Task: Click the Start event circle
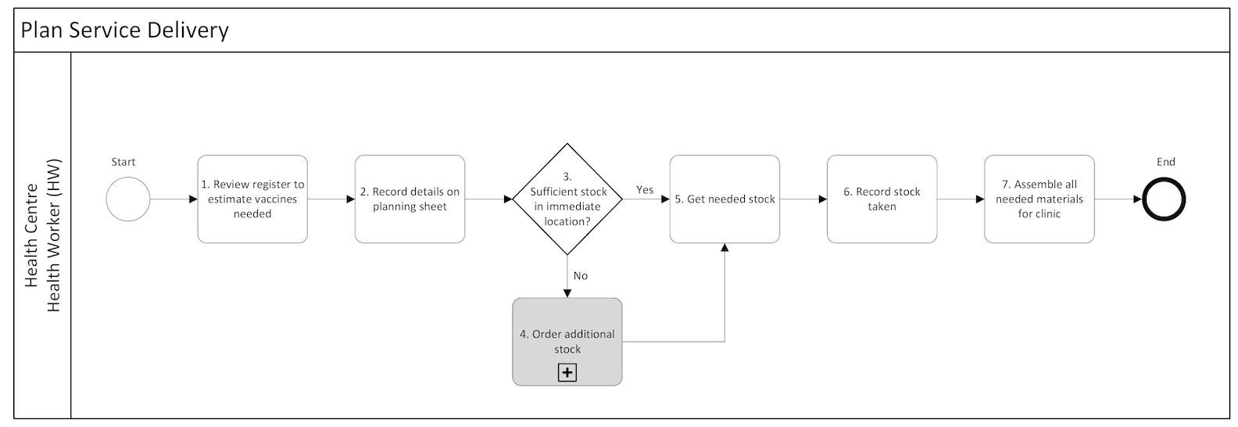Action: click(x=127, y=199)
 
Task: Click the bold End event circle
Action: click(x=1165, y=199)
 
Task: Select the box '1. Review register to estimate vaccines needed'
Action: click(x=252, y=199)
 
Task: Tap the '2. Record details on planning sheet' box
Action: click(x=410, y=199)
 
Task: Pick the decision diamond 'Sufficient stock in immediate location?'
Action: click(x=567, y=199)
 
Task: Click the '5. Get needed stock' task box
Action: click(x=725, y=199)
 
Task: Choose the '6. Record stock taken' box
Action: click(x=882, y=199)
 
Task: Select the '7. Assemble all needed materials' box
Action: click(x=1039, y=199)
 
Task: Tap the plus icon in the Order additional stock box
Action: click(x=567, y=373)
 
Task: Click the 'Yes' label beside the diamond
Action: click(x=645, y=190)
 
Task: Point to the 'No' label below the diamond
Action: click(x=581, y=276)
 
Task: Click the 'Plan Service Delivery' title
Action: click(x=125, y=30)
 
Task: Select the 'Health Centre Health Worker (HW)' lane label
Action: click(x=43, y=235)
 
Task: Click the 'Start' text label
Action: click(x=123, y=162)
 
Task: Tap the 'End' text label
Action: click(x=1165, y=162)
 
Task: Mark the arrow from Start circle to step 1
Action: click(x=174, y=199)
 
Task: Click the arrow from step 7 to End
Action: click(x=1118, y=199)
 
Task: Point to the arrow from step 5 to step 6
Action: click(x=803, y=199)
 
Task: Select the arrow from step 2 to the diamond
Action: click(x=488, y=199)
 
